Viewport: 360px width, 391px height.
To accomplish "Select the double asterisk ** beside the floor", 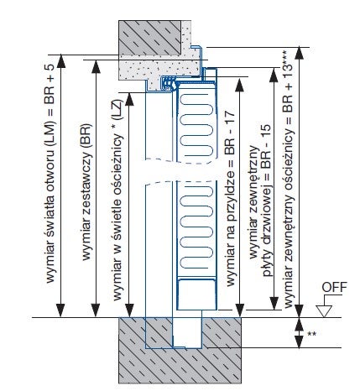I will point(311,335).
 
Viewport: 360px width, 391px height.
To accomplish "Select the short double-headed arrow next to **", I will point(298,332).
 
